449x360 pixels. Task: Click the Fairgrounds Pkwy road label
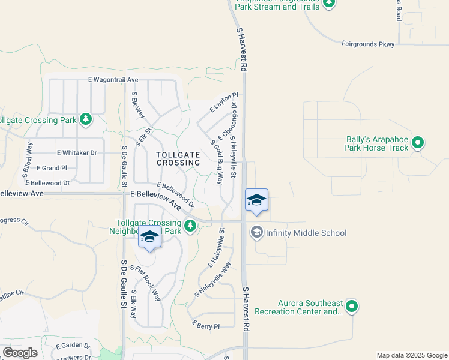tap(368, 44)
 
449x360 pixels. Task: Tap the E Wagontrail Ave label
tap(113, 80)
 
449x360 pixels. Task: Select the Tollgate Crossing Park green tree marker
tap(86, 119)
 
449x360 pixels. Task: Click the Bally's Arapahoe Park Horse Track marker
tap(418, 143)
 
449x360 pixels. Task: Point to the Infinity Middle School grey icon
tap(257, 232)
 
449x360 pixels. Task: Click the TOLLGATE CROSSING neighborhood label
tap(178, 158)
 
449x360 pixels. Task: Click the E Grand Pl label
tap(52, 168)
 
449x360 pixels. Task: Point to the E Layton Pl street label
tap(224, 102)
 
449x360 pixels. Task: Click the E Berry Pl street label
tap(206, 325)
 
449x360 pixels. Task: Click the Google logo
tap(20, 352)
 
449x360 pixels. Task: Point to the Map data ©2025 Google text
tap(411, 355)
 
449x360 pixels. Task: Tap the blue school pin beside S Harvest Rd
tap(256, 201)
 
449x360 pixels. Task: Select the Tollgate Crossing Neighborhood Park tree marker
tap(190, 226)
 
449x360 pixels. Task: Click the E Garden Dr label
tap(73, 346)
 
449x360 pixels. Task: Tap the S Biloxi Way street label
tap(26, 159)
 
